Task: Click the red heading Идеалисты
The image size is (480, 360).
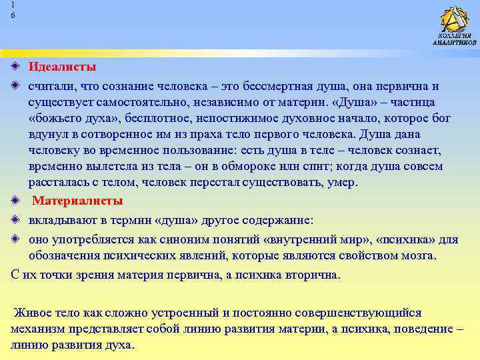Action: tap(62, 67)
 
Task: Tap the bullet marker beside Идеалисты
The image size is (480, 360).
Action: tap(15, 67)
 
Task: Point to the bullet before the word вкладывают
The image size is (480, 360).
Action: tap(15, 220)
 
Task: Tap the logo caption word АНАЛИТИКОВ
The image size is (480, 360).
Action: tap(455, 43)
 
